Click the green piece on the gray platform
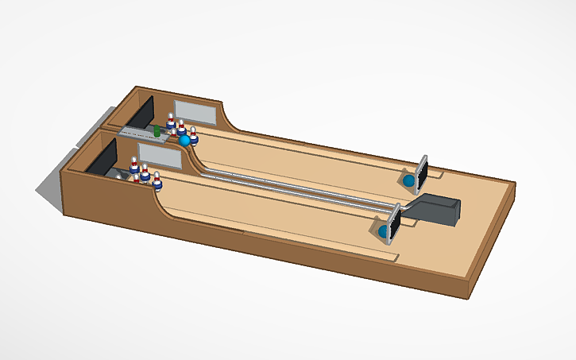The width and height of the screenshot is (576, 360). (157, 130)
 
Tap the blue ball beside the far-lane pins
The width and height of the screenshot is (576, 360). (185, 141)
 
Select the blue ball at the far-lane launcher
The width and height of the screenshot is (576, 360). (409, 181)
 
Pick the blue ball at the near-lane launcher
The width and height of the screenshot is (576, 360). (383, 231)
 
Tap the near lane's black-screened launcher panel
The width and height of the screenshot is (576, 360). (393, 222)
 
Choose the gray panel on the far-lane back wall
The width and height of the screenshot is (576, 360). (194, 112)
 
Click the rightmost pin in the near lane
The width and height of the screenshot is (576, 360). (157, 182)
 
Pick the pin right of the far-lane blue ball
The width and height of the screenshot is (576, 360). (193, 134)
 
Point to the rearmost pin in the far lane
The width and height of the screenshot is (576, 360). (171, 121)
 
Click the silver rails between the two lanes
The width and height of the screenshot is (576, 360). (302, 188)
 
